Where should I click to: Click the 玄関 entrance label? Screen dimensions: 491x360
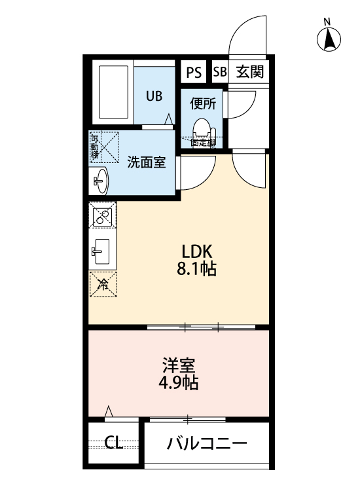[249, 71]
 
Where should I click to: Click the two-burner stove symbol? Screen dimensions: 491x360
[103, 217]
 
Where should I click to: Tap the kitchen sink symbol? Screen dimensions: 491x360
[102, 249]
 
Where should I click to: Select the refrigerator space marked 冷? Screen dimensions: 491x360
[103, 284]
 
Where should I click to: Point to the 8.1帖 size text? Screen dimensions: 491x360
[198, 269]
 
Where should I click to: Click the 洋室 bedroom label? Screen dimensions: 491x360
[179, 365]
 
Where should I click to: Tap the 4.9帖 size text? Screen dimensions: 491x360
[179, 382]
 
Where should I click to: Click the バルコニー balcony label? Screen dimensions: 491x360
[207, 444]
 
